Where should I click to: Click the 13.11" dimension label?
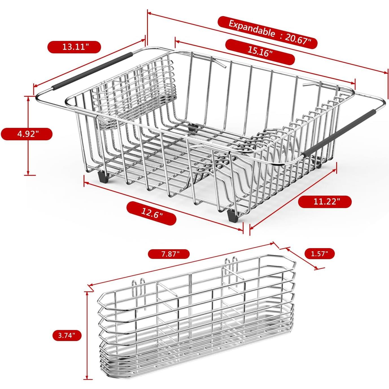(74, 47)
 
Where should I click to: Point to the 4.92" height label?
(27, 134)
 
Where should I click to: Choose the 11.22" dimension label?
(325, 202)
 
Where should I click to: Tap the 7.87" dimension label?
(169, 254)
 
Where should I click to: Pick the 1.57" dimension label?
(319, 253)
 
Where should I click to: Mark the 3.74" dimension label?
(67, 335)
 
